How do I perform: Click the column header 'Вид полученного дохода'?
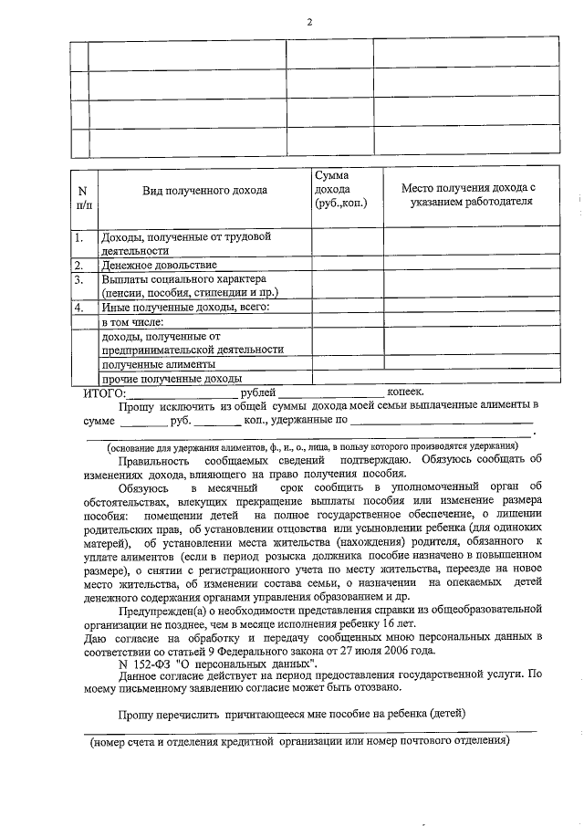coord(203,191)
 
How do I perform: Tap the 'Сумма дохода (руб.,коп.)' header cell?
coord(339,191)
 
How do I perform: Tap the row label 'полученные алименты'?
coord(151,364)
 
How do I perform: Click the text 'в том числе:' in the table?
coord(132,322)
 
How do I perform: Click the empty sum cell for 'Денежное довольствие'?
coord(347,265)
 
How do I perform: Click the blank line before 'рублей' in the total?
coord(182,392)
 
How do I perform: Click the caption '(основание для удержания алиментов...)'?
coord(311,446)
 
